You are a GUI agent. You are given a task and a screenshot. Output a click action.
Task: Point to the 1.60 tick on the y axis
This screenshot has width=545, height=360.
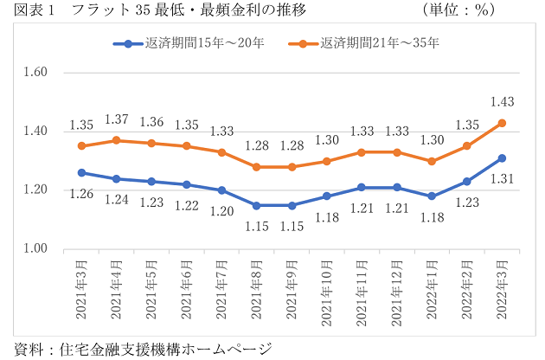34,73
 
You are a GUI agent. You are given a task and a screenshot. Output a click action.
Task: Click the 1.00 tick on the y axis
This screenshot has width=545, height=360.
34,249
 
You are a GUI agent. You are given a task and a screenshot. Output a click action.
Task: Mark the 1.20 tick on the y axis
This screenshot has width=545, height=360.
34,190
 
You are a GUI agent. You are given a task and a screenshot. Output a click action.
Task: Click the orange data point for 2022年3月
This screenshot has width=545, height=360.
501,123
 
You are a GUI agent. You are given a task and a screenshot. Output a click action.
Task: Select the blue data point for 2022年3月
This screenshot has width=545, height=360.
501,158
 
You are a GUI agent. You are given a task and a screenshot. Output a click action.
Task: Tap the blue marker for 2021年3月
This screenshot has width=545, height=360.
81,173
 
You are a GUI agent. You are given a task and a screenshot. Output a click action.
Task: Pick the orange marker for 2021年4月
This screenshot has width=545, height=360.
116,140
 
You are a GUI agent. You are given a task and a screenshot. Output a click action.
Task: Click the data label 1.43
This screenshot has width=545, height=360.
501,102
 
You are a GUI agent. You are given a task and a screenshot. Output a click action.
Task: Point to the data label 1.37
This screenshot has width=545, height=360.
116,119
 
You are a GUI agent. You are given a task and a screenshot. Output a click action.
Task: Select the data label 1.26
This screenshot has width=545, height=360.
81,194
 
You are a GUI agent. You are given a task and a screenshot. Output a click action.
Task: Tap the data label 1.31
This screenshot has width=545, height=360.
501,179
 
